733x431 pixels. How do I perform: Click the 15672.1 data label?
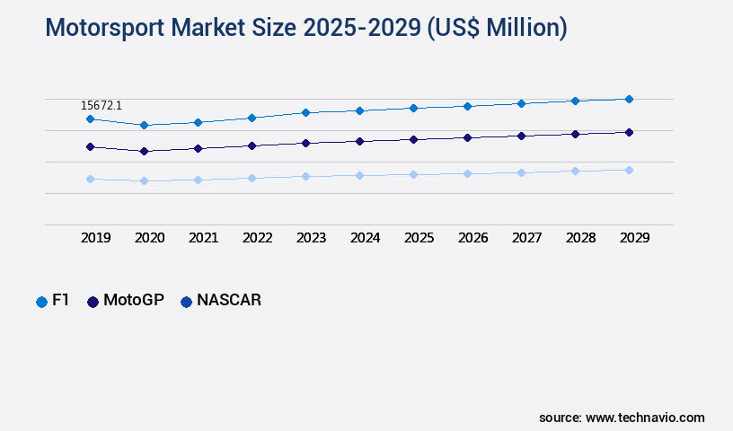101,106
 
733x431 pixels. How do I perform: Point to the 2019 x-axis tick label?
95,238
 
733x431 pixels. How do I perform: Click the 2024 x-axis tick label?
365,238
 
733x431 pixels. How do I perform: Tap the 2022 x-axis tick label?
257,238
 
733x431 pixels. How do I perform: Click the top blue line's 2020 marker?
144,125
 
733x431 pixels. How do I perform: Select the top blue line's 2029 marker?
629,99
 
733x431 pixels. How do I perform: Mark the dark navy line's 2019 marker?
90,146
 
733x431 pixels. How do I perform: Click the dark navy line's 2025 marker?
413,139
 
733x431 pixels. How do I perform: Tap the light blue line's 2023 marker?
305,176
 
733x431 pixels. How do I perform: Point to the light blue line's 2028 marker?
575,171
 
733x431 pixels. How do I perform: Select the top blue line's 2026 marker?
467,106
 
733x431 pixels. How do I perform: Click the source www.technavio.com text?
622,418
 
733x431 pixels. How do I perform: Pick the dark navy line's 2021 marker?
198,148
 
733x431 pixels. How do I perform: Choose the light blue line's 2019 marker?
90,179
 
